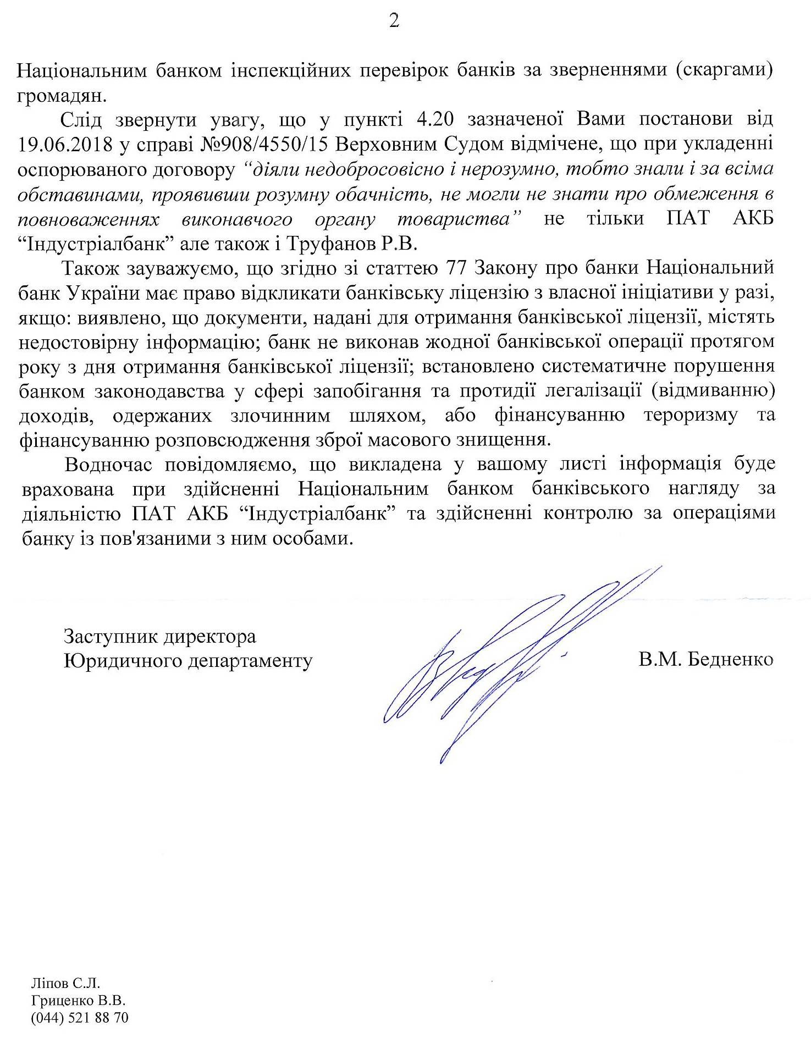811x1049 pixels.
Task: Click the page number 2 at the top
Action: coord(394,22)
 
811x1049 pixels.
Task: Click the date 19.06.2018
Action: coord(65,144)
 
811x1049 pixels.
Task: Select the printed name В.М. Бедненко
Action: coord(705,659)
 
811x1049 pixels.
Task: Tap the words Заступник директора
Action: coord(160,636)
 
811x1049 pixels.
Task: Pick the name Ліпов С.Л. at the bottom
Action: coord(65,982)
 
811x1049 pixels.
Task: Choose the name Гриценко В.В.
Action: coord(79,1000)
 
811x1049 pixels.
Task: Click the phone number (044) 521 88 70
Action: coord(80,1018)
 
